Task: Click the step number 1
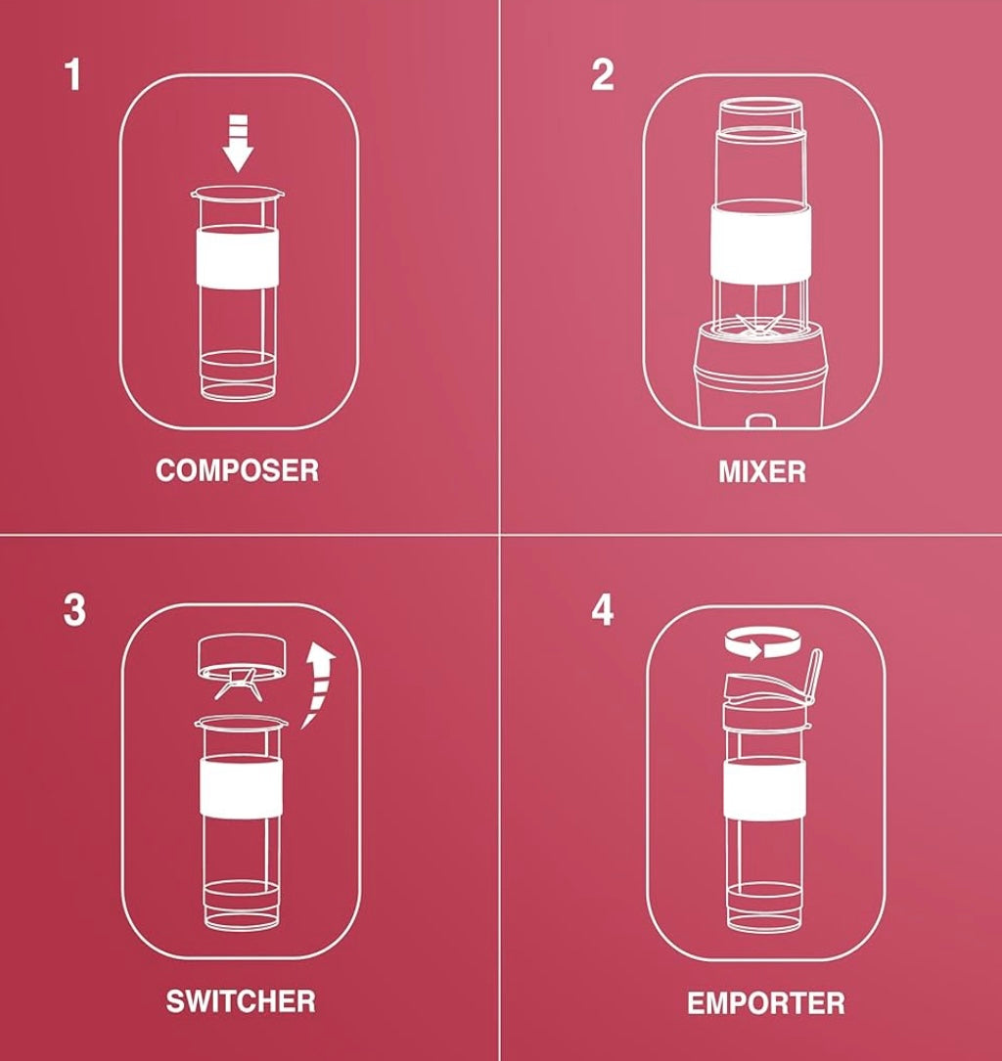pos(73,75)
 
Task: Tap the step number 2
pos(603,75)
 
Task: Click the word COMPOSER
pos(237,470)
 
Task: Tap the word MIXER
pos(762,471)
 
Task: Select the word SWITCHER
pos(241,1001)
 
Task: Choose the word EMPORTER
pos(766,1002)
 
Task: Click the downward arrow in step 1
pos(238,144)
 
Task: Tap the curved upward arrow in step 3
pos(316,685)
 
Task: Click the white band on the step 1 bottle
pos(237,258)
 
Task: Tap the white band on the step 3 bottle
pos(241,787)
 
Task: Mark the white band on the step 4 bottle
pos(764,787)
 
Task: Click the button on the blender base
pos(760,421)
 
